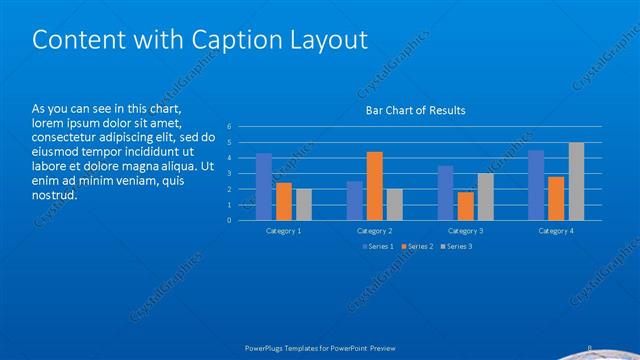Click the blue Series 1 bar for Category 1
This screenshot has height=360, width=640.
tap(264, 187)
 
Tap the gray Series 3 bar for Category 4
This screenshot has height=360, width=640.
tap(576, 181)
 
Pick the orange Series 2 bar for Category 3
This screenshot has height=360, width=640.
tap(465, 206)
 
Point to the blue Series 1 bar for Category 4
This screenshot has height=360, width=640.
tap(536, 185)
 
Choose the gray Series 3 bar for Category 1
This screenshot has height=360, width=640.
tap(303, 205)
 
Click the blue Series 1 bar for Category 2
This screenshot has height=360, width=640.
tap(355, 201)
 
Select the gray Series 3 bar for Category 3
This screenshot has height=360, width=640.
tap(485, 197)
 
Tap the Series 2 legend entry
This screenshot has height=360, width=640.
tap(417, 246)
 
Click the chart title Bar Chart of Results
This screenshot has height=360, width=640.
tap(415, 110)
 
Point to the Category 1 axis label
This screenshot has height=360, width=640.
tap(284, 231)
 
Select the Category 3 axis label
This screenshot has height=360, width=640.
tap(465, 231)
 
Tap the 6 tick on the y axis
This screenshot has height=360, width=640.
tap(230, 127)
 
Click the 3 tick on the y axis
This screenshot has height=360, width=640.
tap(230, 174)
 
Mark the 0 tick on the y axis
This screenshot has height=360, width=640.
tap(230, 220)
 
